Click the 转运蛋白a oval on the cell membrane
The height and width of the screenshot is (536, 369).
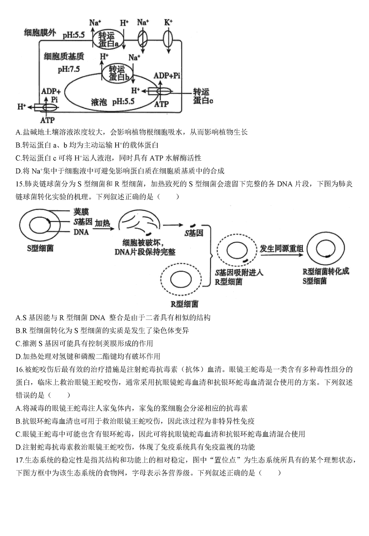tap(108, 39)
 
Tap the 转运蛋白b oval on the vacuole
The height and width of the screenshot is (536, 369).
tap(118, 73)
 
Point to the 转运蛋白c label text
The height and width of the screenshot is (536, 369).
tap(203, 96)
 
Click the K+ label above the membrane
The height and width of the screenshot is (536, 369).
tap(168, 23)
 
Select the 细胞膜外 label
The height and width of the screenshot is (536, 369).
tap(39, 32)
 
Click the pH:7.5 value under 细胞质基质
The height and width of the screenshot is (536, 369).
tap(69, 69)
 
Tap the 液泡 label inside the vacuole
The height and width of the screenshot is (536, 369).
tap(99, 102)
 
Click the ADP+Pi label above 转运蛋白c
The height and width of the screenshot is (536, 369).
tap(167, 76)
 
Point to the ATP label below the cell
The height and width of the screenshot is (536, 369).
tap(48, 120)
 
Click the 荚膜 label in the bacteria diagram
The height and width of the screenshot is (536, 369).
tap(81, 212)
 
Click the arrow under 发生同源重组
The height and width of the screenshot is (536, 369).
tap(282, 255)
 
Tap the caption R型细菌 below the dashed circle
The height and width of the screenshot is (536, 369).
tap(184, 304)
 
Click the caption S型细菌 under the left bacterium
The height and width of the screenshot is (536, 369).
tap(40, 248)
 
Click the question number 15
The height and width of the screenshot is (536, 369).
tap(20, 184)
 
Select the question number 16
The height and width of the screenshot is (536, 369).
tap(20, 370)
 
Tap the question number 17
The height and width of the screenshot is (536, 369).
tap(20, 460)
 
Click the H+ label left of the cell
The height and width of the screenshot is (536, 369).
tap(22, 107)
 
